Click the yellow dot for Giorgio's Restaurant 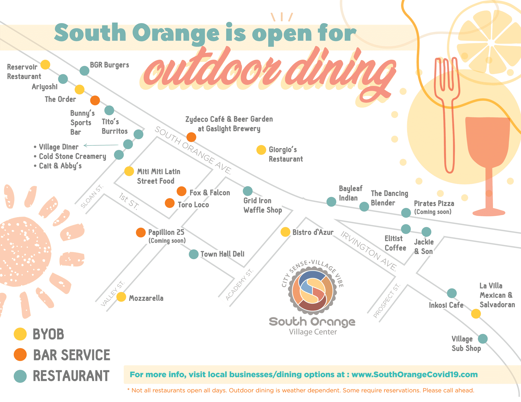pos(261,150)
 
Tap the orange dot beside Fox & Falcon pos(182,191)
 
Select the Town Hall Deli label pos(222,254)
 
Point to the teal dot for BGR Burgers pos(84,71)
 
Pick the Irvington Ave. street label pos(369,251)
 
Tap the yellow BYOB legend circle pos(20,334)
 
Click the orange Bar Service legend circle pos(20,355)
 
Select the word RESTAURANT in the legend pos(71,376)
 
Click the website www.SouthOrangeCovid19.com pos(414,374)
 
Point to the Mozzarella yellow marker pos(121,297)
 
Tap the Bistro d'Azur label pos(313,232)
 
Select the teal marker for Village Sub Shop pos(483,339)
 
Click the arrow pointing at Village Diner pos(101,145)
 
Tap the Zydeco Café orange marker pos(191,137)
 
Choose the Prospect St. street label pos(387,301)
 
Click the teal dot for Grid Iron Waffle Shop pos(248,191)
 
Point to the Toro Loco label pos(193,205)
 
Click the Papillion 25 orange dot pos(141,232)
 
